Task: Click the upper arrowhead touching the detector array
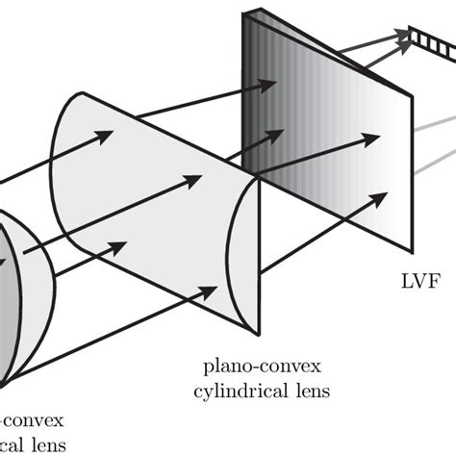point(399,37)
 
